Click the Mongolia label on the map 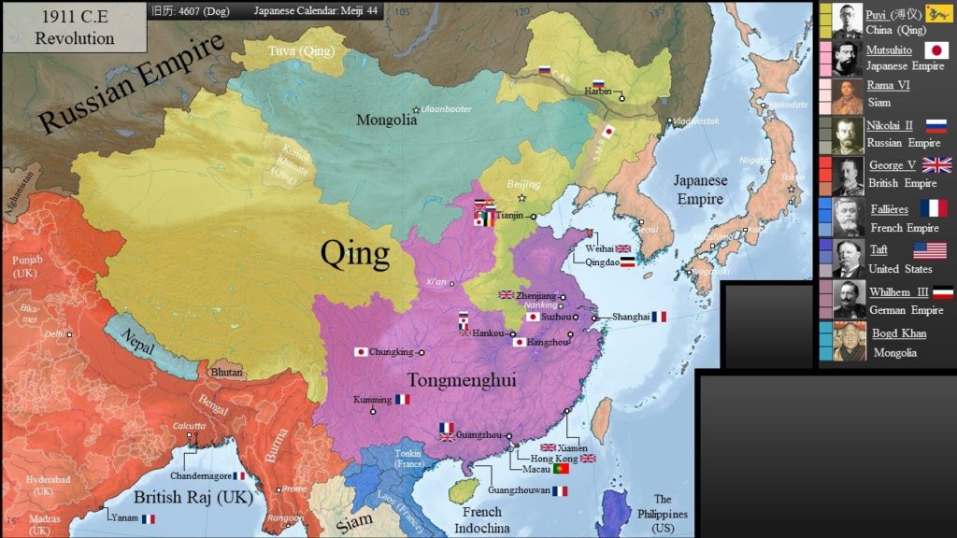(386, 120)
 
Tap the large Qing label (354, 253)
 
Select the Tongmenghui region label (462, 380)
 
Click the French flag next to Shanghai (659, 318)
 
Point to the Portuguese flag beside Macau (562, 469)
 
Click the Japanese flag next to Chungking (361, 352)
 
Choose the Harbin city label (599, 92)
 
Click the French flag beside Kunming (402, 399)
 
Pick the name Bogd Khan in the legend (899, 333)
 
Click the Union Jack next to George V (936, 165)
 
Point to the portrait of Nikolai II (848, 135)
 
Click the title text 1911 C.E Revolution (74, 28)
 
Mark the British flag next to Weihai (623, 248)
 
